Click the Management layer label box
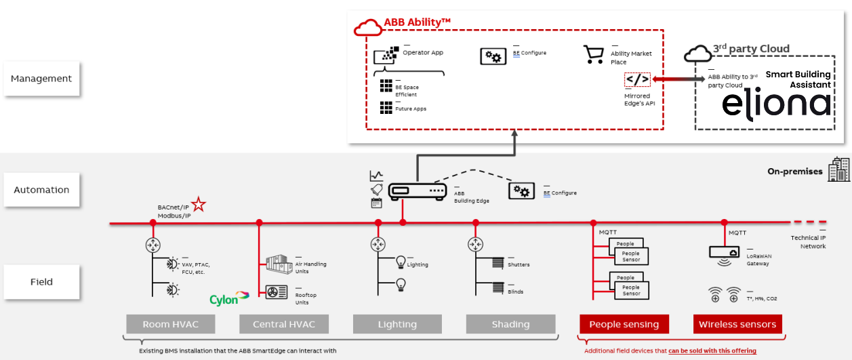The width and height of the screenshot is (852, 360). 41,79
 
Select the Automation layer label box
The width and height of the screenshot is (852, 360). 41,190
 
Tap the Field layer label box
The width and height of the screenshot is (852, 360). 41,281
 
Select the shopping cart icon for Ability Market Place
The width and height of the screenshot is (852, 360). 593,55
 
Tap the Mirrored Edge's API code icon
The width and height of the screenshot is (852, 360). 637,80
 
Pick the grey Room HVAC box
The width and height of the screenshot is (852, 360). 171,324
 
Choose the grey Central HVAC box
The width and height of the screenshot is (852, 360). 284,324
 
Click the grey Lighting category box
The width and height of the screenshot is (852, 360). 397,324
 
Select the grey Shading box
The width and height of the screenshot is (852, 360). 510,324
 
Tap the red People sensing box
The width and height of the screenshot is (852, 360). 624,324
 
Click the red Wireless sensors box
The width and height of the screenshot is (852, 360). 737,324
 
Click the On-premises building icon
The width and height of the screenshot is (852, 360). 839,169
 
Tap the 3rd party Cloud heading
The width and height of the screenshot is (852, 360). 751,49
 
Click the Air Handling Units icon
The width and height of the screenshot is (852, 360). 277,265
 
